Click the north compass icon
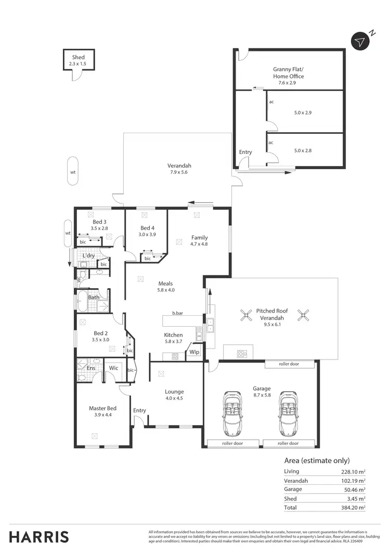(x=360, y=42)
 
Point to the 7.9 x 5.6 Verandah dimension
(x=178, y=172)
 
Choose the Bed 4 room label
(x=147, y=228)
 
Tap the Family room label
(x=199, y=237)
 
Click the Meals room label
(x=165, y=284)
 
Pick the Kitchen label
(x=173, y=335)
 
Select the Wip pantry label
(x=194, y=352)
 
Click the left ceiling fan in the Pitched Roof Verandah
(x=245, y=315)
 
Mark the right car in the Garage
(x=288, y=414)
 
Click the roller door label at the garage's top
(x=289, y=365)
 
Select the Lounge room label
(x=174, y=392)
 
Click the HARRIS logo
(x=39, y=536)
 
